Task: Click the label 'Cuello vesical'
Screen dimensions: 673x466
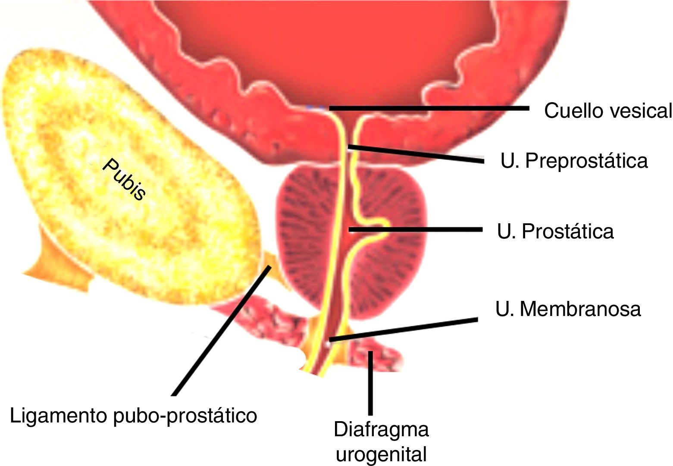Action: [x=607, y=111]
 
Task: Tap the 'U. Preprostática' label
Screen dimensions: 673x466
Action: [x=574, y=161]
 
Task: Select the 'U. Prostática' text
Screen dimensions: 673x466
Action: [x=555, y=231]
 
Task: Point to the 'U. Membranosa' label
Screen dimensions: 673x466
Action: [x=568, y=309]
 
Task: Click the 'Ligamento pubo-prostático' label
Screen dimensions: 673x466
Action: [x=133, y=416]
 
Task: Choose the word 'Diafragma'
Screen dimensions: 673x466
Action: [x=382, y=429]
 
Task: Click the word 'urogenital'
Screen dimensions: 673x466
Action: [x=382, y=454]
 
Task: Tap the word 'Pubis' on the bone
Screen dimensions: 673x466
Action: [x=124, y=179]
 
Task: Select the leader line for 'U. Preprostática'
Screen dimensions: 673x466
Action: [x=416, y=154]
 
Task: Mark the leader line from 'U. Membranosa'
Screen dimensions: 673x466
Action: [x=403, y=330]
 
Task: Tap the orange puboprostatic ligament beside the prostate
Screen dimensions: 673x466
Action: [x=276, y=272]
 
